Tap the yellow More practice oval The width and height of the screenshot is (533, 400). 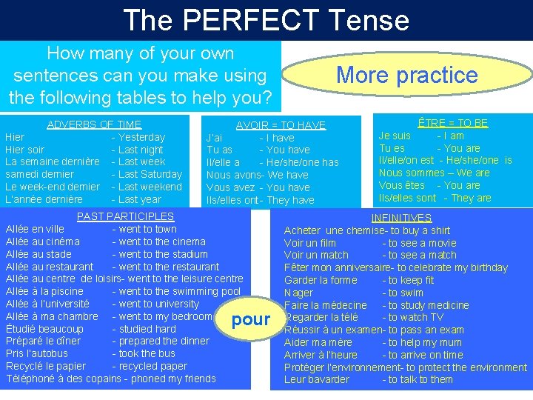click(x=406, y=75)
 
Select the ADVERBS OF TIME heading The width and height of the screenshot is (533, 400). click(x=94, y=124)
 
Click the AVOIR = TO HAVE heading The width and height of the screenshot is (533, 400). click(x=281, y=125)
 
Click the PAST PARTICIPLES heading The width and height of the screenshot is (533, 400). click(x=126, y=216)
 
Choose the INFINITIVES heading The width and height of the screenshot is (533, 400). click(x=401, y=218)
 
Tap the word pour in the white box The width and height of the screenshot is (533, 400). click(x=251, y=320)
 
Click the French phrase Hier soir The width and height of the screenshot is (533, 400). click(x=24, y=150)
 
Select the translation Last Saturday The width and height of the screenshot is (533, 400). click(x=150, y=175)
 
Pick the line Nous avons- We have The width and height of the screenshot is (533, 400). click(x=257, y=175)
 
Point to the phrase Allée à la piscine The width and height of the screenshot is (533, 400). click(x=44, y=291)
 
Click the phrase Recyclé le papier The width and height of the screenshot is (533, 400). click(x=46, y=367)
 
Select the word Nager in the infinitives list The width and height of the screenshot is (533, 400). click(x=298, y=293)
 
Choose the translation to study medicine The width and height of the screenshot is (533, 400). click(x=426, y=305)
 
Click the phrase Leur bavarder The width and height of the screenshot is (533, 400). click(x=316, y=380)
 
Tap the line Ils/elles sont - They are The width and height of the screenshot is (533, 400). click(x=435, y=198)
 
